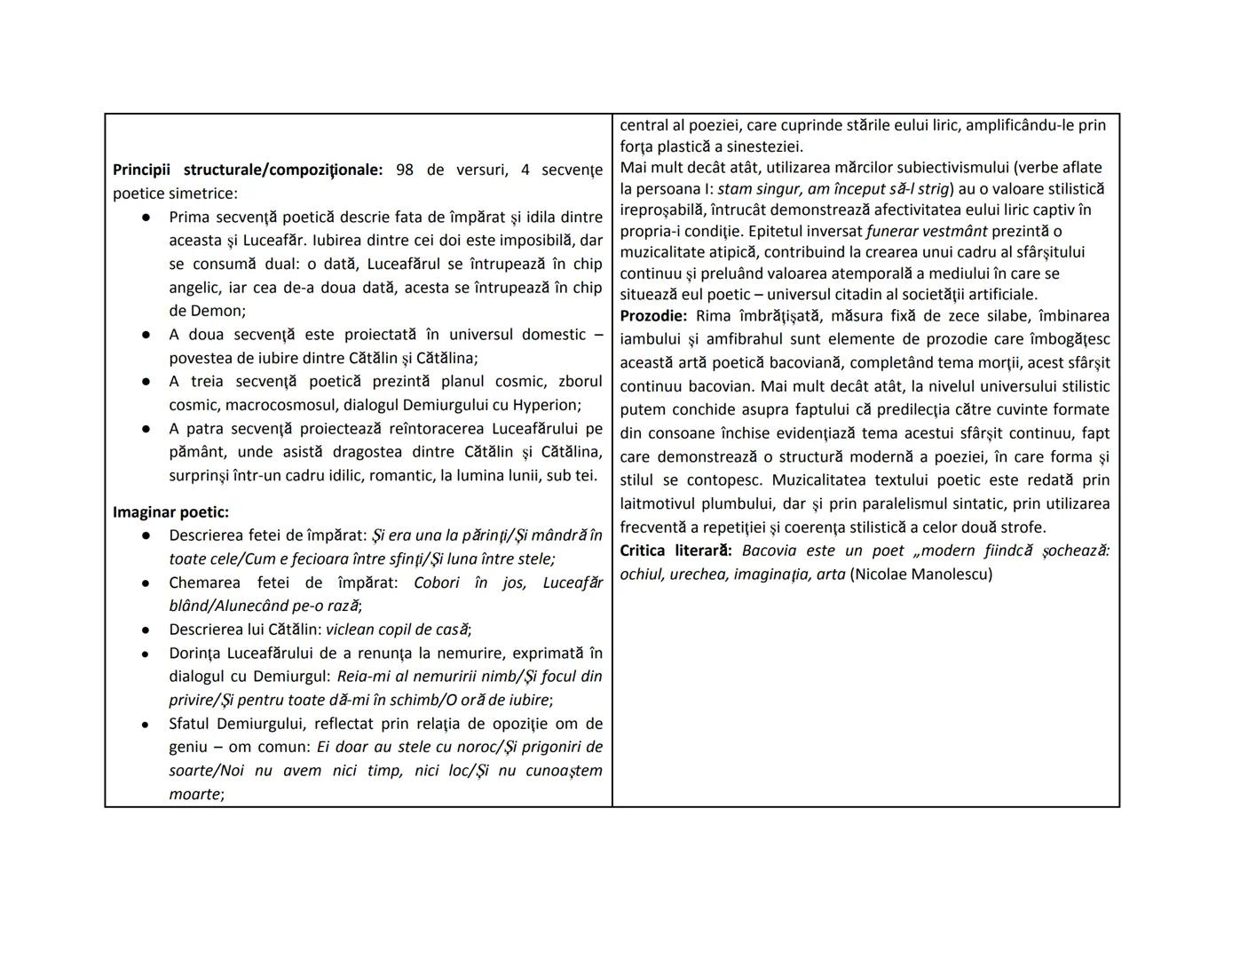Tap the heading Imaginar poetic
170,511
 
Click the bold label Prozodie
653,316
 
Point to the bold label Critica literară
675,551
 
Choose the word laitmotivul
665,503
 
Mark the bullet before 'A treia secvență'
146,382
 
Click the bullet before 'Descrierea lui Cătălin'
146,630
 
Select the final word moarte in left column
194,794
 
